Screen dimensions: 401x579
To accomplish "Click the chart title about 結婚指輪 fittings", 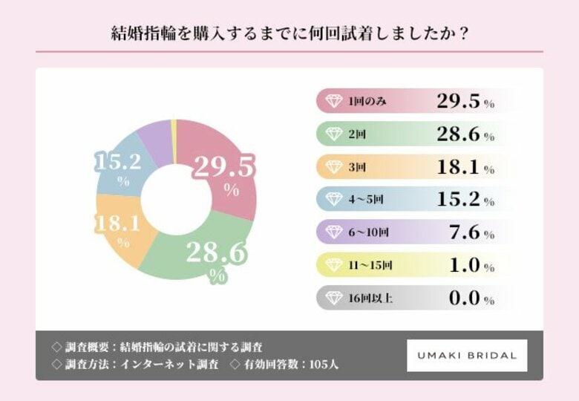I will (289, 34).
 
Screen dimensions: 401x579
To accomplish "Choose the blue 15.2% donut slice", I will (122, 167).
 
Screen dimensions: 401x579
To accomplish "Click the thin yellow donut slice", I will (174, 131).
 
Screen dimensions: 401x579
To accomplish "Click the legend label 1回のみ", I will (368, 102).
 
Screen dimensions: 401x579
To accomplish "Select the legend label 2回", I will (357, 134).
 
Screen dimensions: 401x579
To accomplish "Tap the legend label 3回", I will (357, 168).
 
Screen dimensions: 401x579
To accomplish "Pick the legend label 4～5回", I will (366, 200).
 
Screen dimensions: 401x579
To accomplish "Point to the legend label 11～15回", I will (370, 266).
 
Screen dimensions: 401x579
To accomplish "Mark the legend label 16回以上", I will (370, 299).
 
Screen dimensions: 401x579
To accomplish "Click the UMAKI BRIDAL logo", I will (467, 356).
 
